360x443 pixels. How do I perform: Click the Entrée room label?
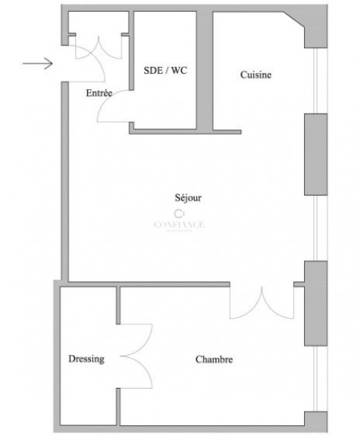pos(99,93)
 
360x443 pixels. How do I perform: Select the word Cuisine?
pos(254,74)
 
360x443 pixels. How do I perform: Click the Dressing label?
pos(86,359)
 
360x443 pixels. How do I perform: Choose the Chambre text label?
pos(214,360)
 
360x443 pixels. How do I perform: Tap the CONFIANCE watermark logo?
pos(179,221)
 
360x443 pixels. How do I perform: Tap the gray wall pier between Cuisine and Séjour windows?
pos(315,155)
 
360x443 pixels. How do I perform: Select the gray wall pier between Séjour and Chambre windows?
pos(315,303)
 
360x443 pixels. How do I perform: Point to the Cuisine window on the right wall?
pos(318,82)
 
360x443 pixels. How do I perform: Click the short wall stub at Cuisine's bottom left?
pos(228,129)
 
